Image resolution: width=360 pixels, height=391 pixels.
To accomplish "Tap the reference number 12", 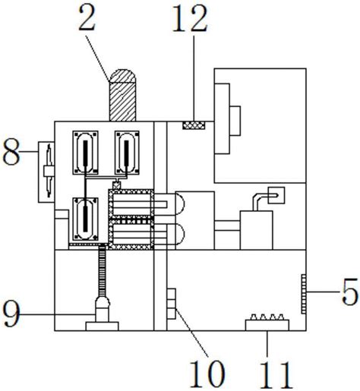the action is (x=190, y=18).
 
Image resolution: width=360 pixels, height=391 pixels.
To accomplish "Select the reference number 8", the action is (x=11, y=152).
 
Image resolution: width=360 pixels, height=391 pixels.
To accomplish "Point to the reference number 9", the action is (x=11, y=314).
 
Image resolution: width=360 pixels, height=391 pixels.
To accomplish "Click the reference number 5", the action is (x=350, y=291).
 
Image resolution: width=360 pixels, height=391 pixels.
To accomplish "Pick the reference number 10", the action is (x=207, y=374).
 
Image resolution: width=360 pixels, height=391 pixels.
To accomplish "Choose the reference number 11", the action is (x=276, y=375).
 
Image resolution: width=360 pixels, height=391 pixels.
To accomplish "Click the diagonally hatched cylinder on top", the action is (x=122, y=95).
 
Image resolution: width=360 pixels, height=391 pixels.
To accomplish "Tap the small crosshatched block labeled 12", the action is (x=194, y=125).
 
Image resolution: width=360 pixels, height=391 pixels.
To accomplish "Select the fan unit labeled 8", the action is (x=46, y=172).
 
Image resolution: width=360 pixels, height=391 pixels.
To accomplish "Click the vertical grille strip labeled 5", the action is (x=304, y=294).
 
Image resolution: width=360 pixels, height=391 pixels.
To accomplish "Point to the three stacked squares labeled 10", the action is (x=172, y=304).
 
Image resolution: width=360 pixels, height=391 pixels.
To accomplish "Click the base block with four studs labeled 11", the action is (x=267, y=323).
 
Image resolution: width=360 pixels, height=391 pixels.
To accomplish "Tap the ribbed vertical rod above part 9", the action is (x=102, y=271).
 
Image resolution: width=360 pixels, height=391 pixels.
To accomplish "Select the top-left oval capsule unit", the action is (x=85, y=153).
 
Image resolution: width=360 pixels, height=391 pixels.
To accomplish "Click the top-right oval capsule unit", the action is (x=127, y=153).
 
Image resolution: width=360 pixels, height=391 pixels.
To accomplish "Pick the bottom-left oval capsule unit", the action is (x=85, y=219).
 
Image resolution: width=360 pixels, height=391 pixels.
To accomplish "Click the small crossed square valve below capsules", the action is (x=116, y=185).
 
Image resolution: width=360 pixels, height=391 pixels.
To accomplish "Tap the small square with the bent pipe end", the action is (x=276, y=195).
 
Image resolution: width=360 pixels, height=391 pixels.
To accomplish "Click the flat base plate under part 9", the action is (x=102, y=326).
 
